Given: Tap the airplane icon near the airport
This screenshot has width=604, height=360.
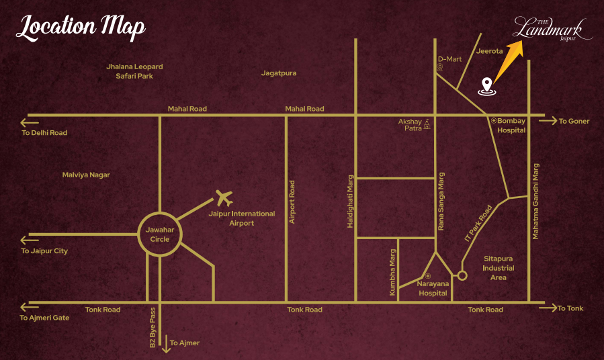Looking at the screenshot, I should coord(224,198).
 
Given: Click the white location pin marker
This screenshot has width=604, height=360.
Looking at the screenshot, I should coord(487,85).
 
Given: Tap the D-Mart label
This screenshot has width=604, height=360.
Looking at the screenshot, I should coord(449,59).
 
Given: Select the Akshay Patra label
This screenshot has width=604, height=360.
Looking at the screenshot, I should coord(409,125).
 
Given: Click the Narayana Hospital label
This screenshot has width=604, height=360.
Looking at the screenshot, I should coord(433,289).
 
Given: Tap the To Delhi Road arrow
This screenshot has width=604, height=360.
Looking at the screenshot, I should coord(30,123).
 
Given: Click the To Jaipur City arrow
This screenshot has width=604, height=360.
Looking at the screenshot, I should coord(30,240).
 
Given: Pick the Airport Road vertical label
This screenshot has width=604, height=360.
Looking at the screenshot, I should coord(292,201).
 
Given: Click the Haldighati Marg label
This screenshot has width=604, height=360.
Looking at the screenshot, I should coord(350,202).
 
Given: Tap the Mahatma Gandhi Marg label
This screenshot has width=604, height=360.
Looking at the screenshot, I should coord(536,195).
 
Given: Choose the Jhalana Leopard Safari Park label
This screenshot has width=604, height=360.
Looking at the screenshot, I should coord(134,71).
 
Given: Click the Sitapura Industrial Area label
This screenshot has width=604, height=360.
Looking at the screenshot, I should coord(499,267).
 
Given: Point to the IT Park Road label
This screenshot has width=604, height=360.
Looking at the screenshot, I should coord(478,223).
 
